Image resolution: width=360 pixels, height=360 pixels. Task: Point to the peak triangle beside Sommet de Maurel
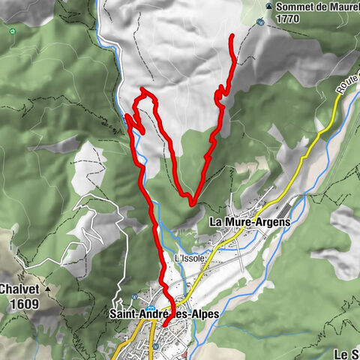point(268,7)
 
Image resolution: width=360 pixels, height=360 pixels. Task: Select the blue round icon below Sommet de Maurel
point(260,22)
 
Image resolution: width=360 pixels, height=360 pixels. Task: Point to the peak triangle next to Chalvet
point(47,288)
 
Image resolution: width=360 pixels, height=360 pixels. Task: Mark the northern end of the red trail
point(232,36)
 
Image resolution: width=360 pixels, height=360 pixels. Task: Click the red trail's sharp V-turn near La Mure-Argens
point(192,202)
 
